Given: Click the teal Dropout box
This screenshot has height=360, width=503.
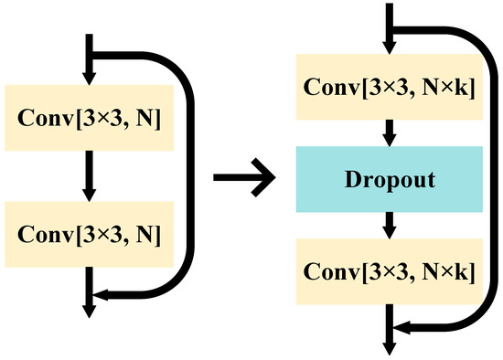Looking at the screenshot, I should pyautogui.click(x=391, y=179).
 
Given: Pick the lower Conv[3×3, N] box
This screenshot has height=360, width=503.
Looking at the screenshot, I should pyautogui.click(x=89, y=234).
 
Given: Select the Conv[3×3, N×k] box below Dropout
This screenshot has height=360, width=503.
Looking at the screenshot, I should pyautogui.click(x=391, y=271).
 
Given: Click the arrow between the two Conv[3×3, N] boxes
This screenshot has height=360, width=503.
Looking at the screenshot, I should pyautogui.click(x=89, y=175).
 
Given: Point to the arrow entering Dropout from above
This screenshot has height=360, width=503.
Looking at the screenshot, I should pyautogui.click(x=391, y=133).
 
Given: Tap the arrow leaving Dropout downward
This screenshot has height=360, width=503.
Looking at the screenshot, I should pyautogui.click(x=391, y=225).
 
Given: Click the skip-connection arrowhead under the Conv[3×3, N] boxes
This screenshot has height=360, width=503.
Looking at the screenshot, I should pyautogui.click(x=102, y=294).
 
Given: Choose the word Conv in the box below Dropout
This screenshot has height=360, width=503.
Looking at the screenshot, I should pyautogui.click(x=329, y=271).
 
